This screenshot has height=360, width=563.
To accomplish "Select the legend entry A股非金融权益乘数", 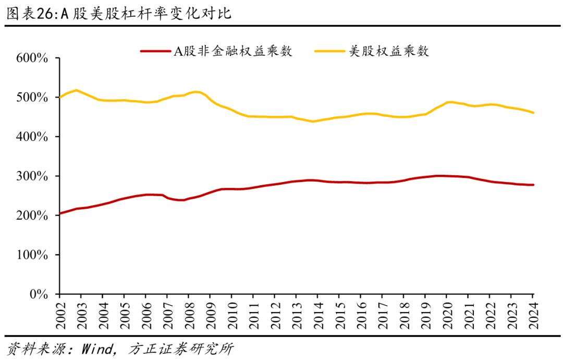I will click(x=232, y=51).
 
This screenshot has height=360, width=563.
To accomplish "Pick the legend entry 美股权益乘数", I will click(x=388, y=51).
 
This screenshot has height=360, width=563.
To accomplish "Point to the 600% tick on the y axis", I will click(x=33, y=58).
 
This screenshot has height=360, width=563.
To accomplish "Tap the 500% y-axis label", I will click(x=33, y=98).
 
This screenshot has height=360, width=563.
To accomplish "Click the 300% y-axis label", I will click(x=33, y=176).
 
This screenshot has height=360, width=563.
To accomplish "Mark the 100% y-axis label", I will click(x=33, y=255).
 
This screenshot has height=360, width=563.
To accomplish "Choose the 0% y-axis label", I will click(x=39, y=294).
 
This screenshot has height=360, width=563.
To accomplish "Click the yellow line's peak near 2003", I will click(x=76, y=90).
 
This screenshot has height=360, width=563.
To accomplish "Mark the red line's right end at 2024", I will click(x=533, y=185).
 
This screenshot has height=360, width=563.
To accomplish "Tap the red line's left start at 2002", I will click(x=60, y=213).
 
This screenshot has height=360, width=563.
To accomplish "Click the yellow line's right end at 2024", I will click(x=533, y=113).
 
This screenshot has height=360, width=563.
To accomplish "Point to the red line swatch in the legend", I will click(x=155, y=51).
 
